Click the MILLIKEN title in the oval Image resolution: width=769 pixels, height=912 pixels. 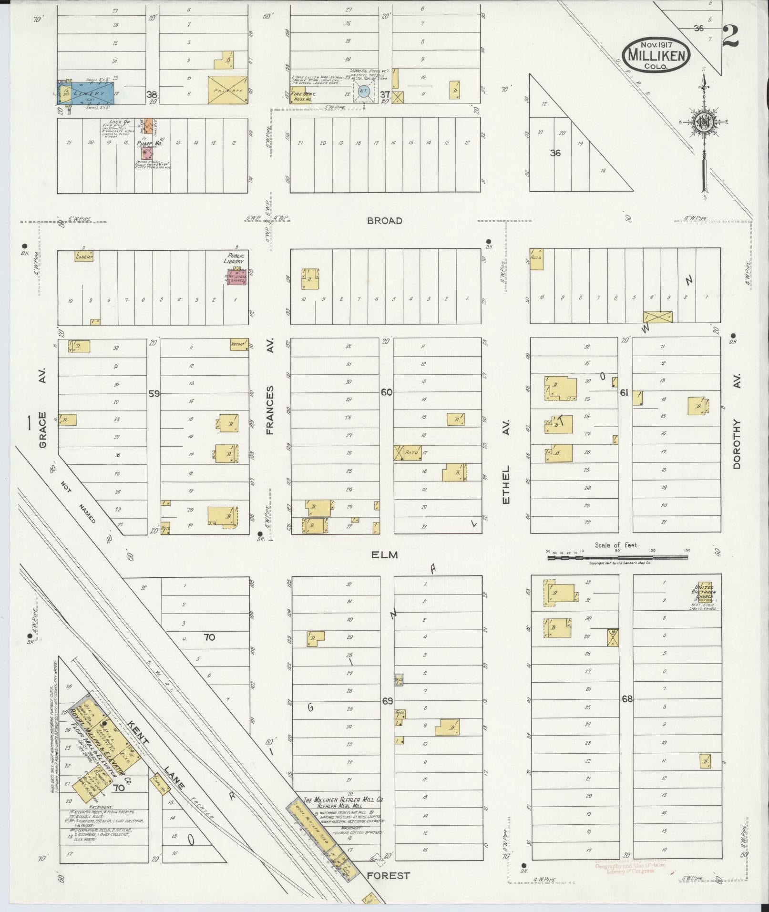[656, 55]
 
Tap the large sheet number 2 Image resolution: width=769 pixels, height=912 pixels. [730, 36]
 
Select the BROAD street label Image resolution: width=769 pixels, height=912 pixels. [385, 221]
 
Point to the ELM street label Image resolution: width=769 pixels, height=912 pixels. [384, 555]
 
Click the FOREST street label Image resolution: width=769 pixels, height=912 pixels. [388, 875]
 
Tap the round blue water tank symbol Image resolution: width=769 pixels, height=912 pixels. [364, 91]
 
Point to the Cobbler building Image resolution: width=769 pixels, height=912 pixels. [83, 256]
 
